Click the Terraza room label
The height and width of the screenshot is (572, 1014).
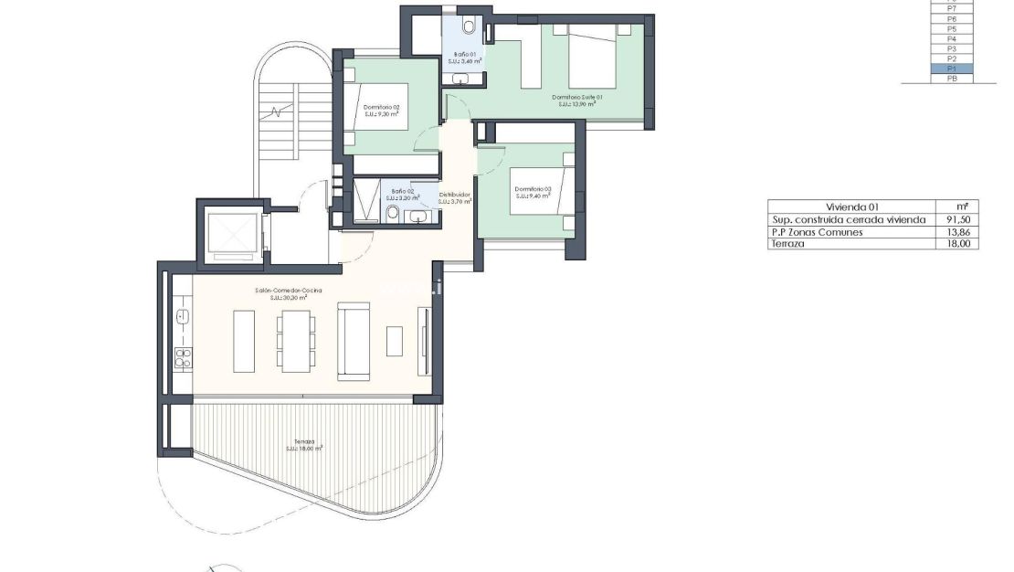click(x=304, y=444)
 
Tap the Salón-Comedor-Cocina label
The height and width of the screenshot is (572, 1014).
click(x=289, y=291)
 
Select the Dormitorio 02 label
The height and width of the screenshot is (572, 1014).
click(x=382, y=111)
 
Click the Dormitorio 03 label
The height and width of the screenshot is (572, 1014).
click(x=533, y=192)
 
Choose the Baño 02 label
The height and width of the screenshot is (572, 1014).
click(x=403, y=194)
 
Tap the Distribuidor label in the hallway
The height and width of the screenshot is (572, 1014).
click(x=455, y=197)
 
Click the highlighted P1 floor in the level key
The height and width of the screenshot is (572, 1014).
click(x=951, y=69)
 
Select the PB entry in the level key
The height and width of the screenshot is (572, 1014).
click(x=951, y=79)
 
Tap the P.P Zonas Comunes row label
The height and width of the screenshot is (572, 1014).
click(x=816, y=232)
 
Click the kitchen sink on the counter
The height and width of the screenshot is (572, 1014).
click(x=182, y=317)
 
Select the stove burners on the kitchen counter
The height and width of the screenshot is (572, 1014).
click(x=183, y=356)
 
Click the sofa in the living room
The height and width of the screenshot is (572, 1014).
click(x=354, y=341)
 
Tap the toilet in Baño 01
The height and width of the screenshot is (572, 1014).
click(x=469, y=25)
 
